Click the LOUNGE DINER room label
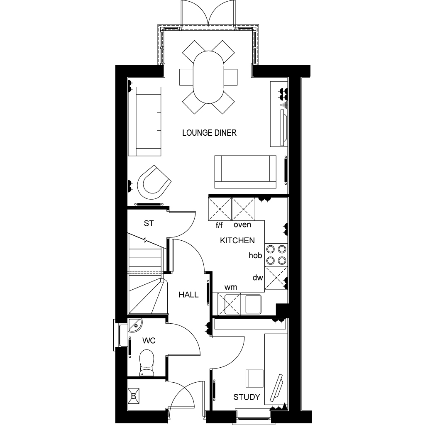click(x=209, y=133)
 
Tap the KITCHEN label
click(x=237, y=240)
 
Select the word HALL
click(x=189, y=295)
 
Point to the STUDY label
click(x=247, y=397)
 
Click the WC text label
click(x=149, y=341)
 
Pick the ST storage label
click(x=149, y=223)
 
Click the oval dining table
click(x=208, y=77)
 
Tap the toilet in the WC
click(x=147, y=363)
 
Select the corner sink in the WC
click(x=135, y=325)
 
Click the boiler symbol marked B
click(x=134, y=396)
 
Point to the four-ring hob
click(x=276, y=254)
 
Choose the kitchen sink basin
click(x=253, y=304)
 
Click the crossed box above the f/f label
click(x=220, y=209)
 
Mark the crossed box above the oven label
click(x=243, y=209)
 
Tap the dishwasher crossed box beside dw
click(x=276, y=278)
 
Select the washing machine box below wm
click(x=229, y=304)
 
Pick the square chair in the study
click(x=254, y=379)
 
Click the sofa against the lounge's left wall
click(x=144, y=122)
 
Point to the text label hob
click(x=255, y=255)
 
